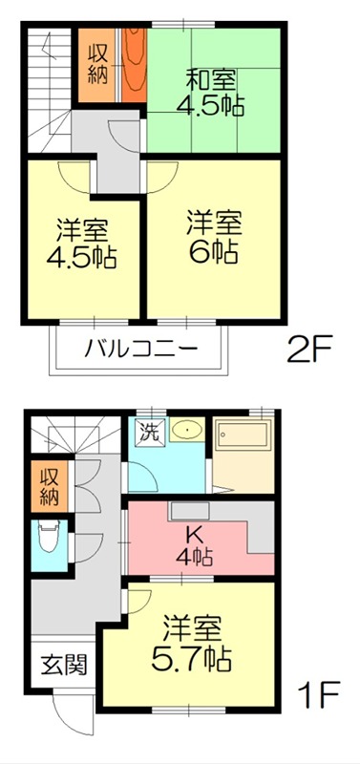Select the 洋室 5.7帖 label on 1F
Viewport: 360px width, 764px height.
[x=193, y=644]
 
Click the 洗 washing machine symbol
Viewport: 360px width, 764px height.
[x=151, y=432]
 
